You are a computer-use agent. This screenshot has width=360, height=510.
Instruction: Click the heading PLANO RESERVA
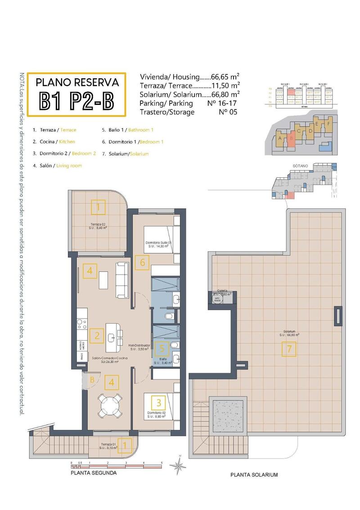[x=77, y=82]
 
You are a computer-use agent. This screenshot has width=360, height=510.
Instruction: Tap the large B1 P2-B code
[x=77, y=101]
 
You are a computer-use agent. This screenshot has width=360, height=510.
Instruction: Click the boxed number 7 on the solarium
[x=289, y=349]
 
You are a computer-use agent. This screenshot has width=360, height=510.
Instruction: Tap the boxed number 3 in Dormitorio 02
[x=159, y=402]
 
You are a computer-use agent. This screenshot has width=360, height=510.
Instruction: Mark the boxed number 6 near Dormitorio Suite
[x=142, y=262]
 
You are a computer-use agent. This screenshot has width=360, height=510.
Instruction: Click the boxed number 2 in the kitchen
[x=97, y=335]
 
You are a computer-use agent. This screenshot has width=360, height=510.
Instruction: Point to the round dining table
[x=110, y=406]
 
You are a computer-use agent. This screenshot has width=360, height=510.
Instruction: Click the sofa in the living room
[x=123, y=280]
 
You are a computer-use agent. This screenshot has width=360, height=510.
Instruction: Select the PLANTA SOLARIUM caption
[x=254, y=474]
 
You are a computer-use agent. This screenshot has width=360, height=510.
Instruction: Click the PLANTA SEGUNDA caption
[x=94, y=473]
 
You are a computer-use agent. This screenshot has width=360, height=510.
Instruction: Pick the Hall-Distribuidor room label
[x=139, y=346]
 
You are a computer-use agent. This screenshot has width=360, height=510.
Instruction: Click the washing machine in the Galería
[x=216, y=299]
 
